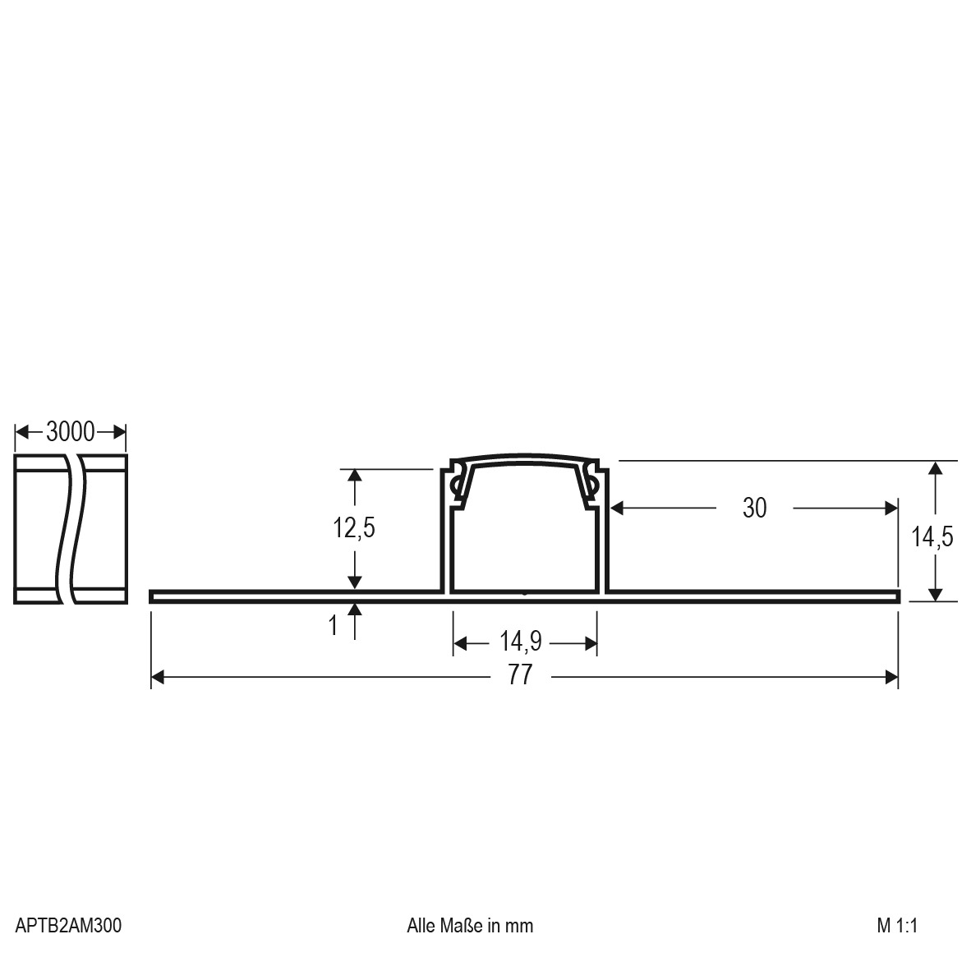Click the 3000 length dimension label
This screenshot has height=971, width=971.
pyautogui.click(x=71, y=431)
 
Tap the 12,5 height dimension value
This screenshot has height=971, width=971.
pyautogui.click(x=354, y=528)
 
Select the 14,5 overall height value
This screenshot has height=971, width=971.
pyautogui.click(x=932, y=537)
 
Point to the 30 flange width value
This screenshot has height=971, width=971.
pyautogui.click(x=754, y=509)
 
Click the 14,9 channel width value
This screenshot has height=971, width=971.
pyautogui.click(x=521, y=642)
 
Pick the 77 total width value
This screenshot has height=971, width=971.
pyautogui.click(x=520, y=675)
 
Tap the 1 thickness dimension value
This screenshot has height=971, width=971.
pyautogui.click(x=334, y=625)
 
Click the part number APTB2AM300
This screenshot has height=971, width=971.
pyautogui.click(x=68, y=925)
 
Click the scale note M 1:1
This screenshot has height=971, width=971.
pyautogui.click(x=897, y=925)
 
